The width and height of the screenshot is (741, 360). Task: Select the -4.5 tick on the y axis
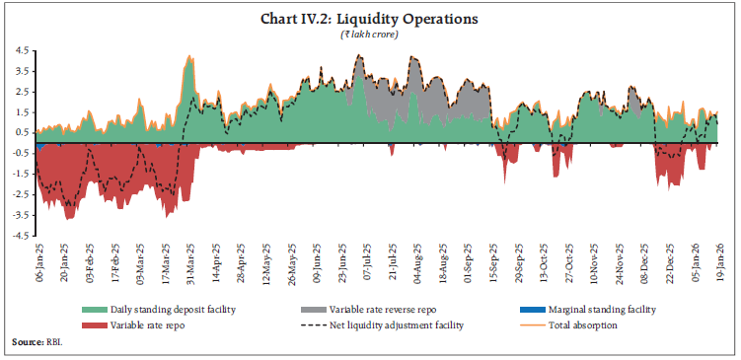tap(20, 236)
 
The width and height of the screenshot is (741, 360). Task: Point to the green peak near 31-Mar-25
tap(189, 57)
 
